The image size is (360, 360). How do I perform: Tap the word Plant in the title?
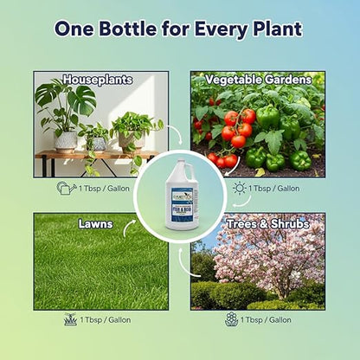(273, 28)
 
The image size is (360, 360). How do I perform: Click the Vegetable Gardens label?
(257, 80)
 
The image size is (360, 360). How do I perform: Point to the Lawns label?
(96, 223)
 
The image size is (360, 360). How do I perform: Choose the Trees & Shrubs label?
(258, 223)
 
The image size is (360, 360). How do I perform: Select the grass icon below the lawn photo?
(70, 319)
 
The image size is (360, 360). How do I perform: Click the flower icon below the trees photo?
(231, 319)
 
